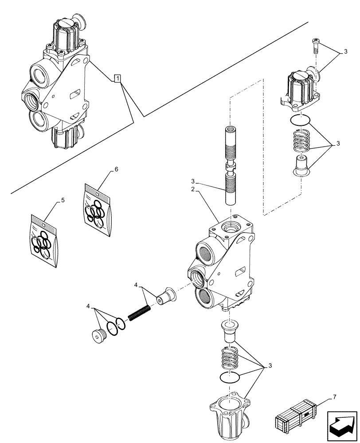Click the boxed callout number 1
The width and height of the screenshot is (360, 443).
coord(117,79)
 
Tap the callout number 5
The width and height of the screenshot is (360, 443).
coord(63,200)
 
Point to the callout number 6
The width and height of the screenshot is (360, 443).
coord(116,170)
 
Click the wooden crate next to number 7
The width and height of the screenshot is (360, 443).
coord(295,416)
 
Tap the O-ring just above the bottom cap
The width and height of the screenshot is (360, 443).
coord(230,377)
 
